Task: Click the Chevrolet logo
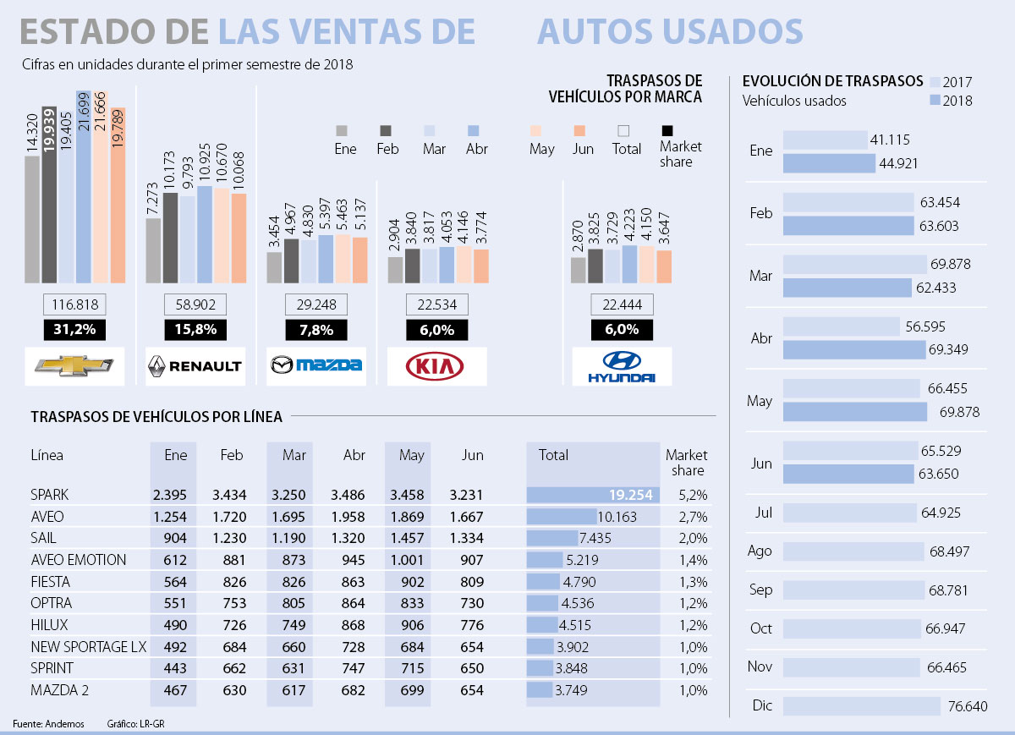pos(74,365)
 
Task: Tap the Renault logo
pos(195,365)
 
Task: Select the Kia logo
pos(436,365)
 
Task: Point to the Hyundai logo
pos(622,366)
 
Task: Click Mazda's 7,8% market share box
pos(316,330)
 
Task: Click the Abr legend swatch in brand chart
pos(473,130)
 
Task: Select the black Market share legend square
pos(667,130)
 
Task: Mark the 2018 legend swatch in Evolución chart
pos(935,101)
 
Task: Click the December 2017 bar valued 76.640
pos(862,705)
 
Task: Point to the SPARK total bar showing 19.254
pos(592,495)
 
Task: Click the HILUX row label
pos(49,625)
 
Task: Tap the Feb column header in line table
pos(231,455)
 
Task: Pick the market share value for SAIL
pos(693,538)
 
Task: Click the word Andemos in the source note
pos(65,724)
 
